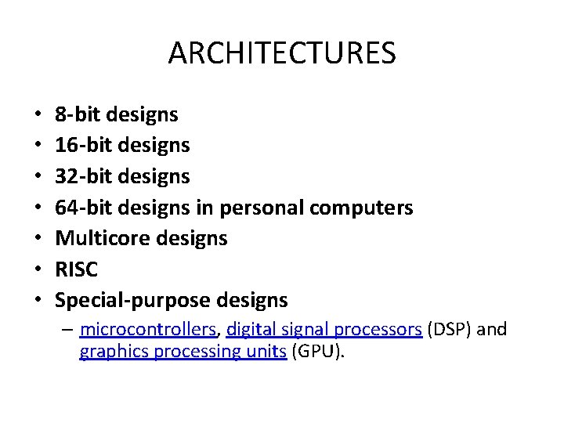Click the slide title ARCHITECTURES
click(282, 53)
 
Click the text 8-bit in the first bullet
click(78, 115)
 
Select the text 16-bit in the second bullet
click(84, 146)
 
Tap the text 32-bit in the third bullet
click(84, 177)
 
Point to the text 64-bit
click(84, 208)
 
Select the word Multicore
click(98, 238)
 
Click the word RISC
click(77, 269)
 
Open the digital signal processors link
click(324, 329)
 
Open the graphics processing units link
click(182, 352)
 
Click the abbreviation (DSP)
click(449, 329)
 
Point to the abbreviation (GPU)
click(317, 352)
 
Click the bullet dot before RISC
click(38, 270)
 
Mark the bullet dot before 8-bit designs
click(38, 116)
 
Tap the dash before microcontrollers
click(68, 329)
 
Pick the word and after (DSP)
click(492, 329)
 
